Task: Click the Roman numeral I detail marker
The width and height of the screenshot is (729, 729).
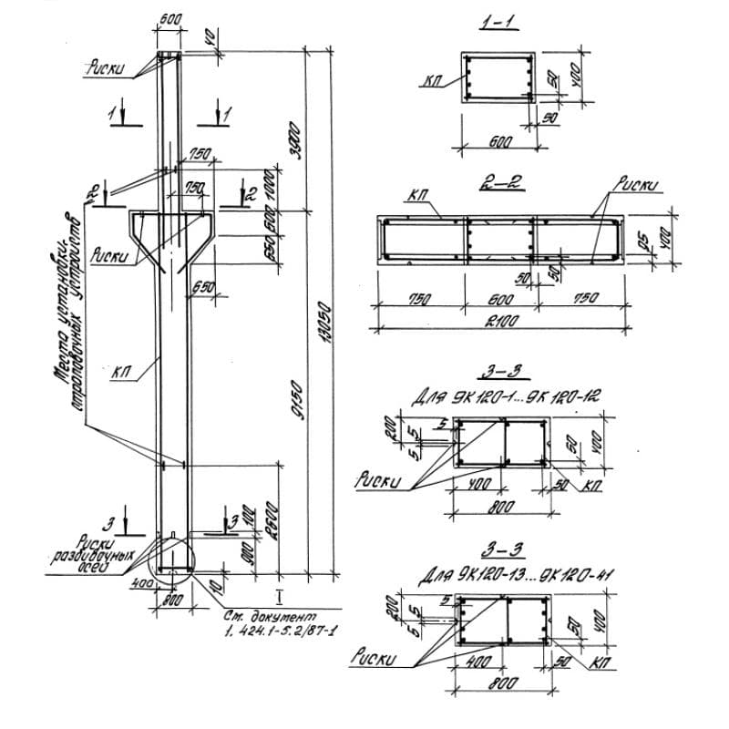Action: coord(280,597)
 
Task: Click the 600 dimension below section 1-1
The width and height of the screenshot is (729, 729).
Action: coord(499,142)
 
